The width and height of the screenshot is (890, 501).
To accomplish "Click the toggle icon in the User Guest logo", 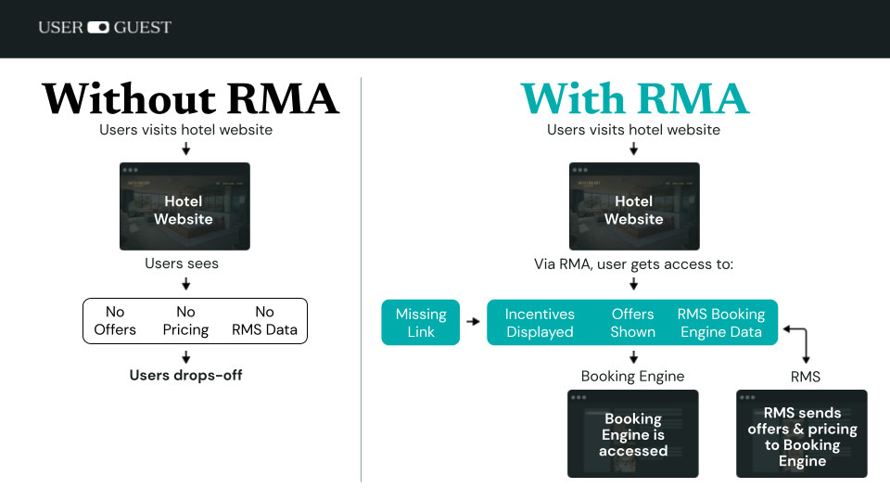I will pos(98,28).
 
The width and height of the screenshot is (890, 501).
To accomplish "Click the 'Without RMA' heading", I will pos(190,98).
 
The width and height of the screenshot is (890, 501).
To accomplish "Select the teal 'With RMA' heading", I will pos(634,98).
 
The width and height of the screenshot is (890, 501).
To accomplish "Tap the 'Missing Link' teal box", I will pos(421,322).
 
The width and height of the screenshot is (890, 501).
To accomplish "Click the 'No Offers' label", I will pos(115,321).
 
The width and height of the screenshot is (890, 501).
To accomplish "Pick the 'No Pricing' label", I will pos(186,321).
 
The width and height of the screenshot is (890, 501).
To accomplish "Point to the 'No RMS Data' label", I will pos(264,321).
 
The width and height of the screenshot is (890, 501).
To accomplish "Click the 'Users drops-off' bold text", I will pos(185,376).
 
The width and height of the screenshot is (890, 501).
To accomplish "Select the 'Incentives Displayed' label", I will pos(540,323).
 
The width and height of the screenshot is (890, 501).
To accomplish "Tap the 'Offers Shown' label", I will pos(633,323).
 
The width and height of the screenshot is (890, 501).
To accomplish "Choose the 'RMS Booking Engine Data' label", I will pos(721,323).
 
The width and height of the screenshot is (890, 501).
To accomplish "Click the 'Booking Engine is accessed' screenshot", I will pos(633,433).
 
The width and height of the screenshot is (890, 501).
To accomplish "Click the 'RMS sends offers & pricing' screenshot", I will pos(802,433).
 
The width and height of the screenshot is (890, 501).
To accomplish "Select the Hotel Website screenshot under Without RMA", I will pos(184,206).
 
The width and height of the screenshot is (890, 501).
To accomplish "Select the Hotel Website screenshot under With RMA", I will pos(634,206).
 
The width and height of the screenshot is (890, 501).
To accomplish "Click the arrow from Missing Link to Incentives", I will pos(473,322).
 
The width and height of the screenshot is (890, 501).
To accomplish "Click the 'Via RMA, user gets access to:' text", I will pos(633,263).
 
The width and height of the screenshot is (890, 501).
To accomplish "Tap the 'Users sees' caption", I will pos(182,263).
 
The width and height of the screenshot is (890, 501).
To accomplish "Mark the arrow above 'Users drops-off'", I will pos(185,357).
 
